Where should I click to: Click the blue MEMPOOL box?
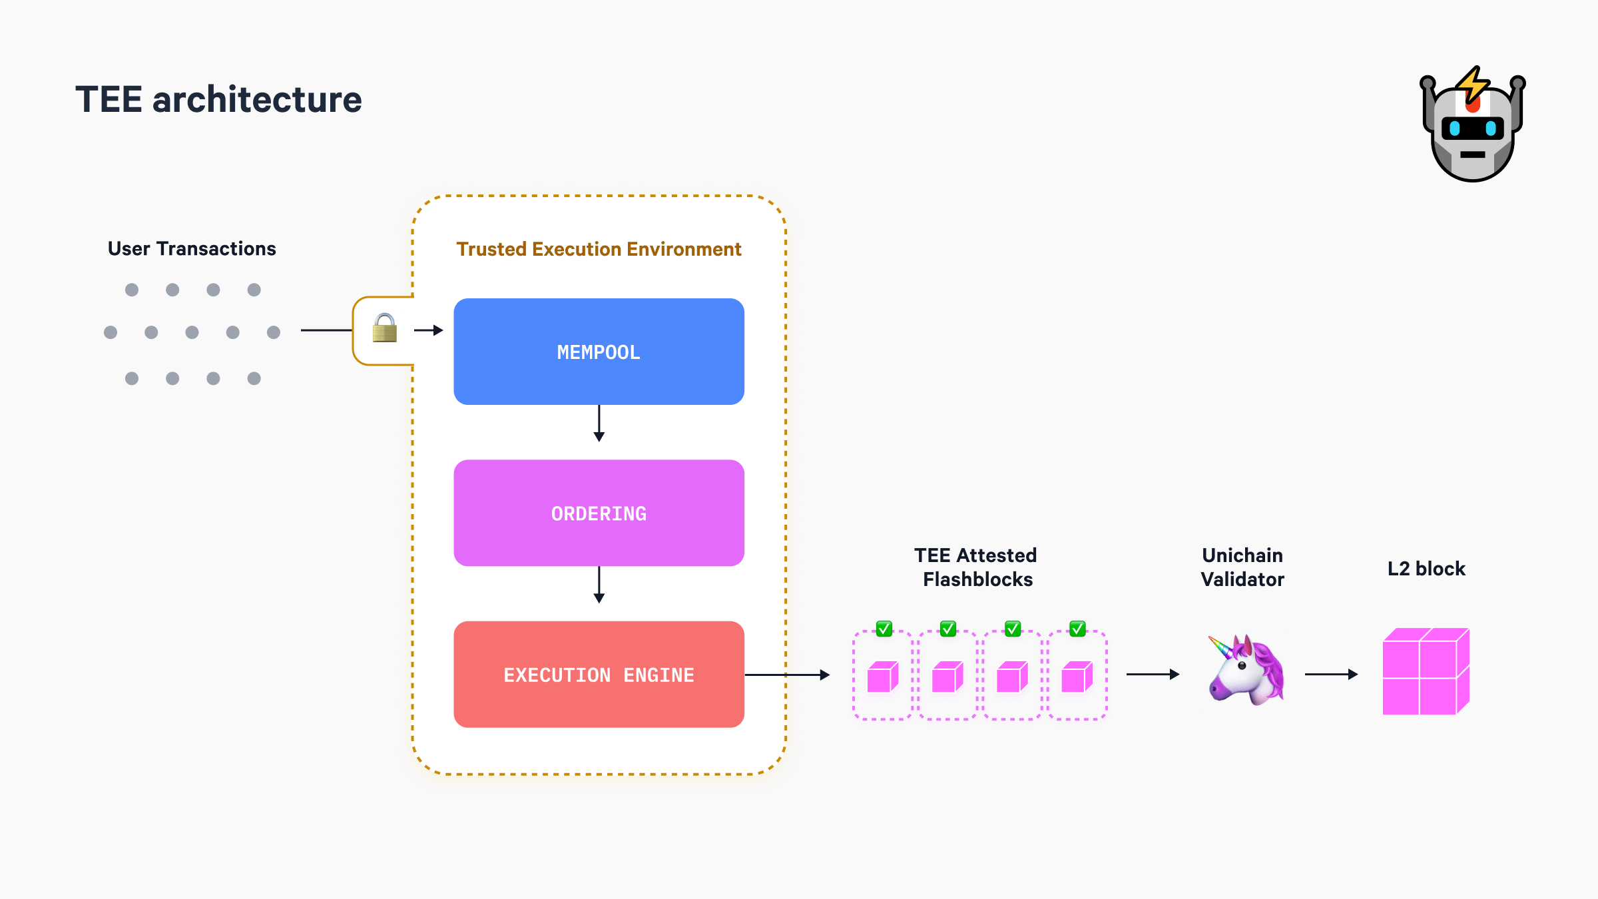pos(599,352)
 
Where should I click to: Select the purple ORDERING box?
pos(599,513)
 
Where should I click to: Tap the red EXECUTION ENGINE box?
pos(599,675)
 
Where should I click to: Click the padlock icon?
pos(384,328)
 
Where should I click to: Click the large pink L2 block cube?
pos(1426,671)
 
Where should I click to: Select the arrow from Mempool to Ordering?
pos(599,424)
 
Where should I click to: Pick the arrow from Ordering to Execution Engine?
pos(599,585)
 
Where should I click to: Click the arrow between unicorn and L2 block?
pos(1331,675)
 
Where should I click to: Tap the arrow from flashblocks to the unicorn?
pos(1153,675)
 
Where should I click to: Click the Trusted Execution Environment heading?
pos(599,249)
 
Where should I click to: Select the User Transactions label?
pos(192,248)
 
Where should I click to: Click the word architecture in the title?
pos(257,100)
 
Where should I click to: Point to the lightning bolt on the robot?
pos(1472,85)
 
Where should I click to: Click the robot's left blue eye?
pos(1455,129)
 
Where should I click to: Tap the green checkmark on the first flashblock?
pos(884,629)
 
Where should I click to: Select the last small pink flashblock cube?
pos(1077,677)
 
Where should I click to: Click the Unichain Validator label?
pos(1242,567)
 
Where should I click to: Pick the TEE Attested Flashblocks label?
pos(976,567)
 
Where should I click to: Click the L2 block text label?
pos(1426,569)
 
